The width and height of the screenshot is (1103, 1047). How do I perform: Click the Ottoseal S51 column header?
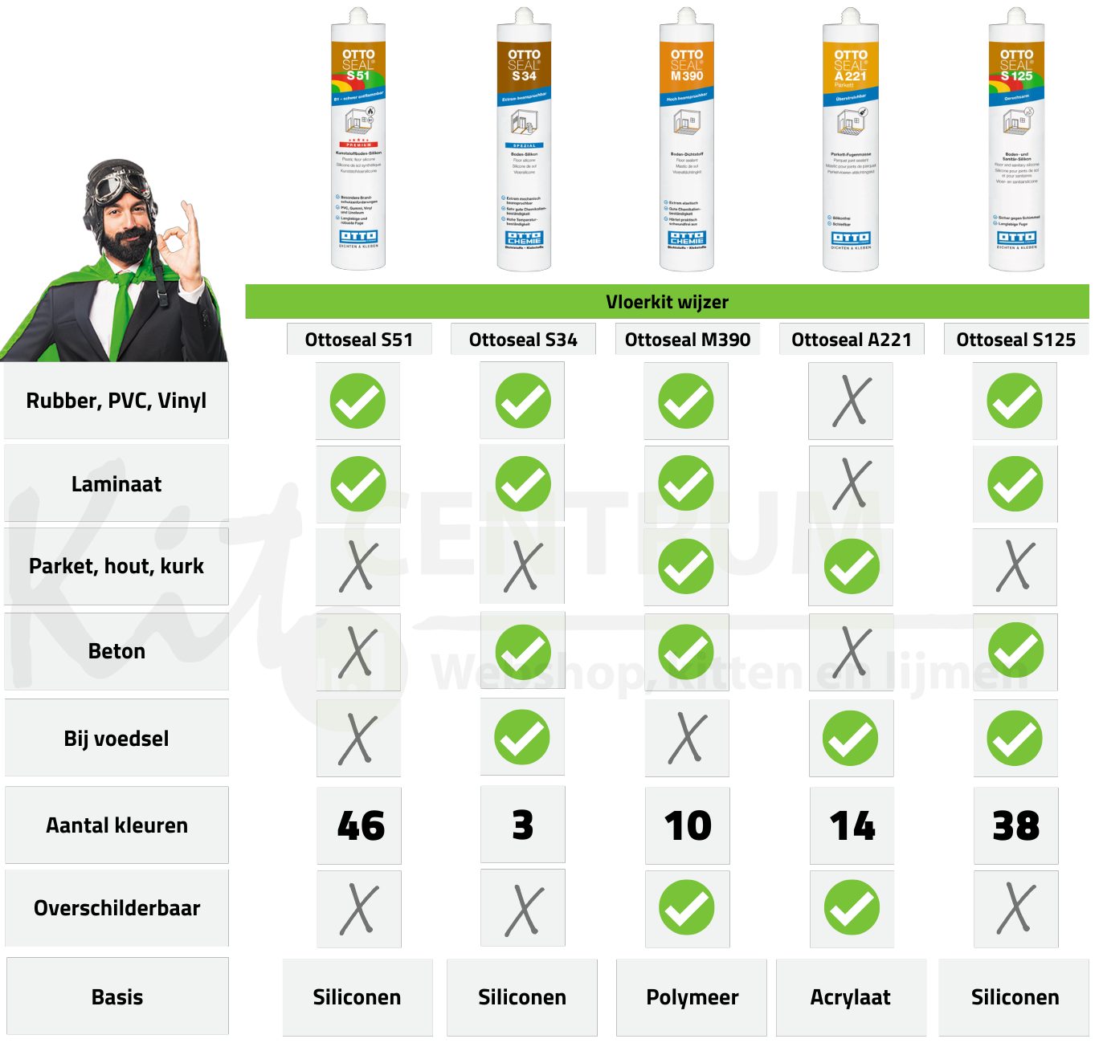(x=359, y=340)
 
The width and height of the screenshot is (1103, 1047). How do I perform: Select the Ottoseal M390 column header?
(x=688, y=340)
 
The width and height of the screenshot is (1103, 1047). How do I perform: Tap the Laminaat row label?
(x=116, y=484)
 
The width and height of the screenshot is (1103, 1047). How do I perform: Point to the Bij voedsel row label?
(x=116, y=738)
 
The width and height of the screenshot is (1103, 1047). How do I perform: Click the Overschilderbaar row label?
(x=116, y=908)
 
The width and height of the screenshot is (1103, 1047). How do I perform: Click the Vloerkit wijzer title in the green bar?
(x=667, y=302)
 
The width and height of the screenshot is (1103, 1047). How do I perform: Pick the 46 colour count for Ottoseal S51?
(x=360, y=825)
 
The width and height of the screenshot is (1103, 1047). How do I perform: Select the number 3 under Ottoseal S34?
(x=523, y=825)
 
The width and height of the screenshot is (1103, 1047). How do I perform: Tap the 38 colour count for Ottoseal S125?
(x=1016, y=825)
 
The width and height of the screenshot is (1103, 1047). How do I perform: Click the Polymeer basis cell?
(x=692, y=997)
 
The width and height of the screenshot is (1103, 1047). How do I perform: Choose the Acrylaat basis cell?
(x=851, y=997)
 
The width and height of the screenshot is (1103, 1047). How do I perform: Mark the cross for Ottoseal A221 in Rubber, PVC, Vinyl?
(x=851, y=401)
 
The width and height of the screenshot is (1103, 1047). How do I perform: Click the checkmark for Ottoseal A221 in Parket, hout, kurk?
(x=852, y=567)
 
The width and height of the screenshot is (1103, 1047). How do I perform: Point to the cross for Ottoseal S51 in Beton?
(x=358, y=651)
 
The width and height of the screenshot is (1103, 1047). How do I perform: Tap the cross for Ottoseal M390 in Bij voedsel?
(x=688, y=738)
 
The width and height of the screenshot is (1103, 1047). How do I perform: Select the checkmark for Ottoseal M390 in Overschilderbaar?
(x=688, y=908)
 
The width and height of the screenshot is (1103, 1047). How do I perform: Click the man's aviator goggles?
(x=121, y=187)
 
